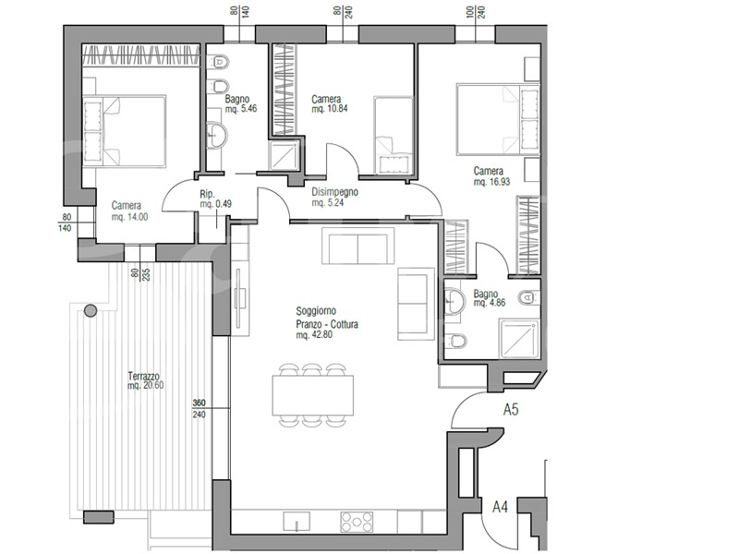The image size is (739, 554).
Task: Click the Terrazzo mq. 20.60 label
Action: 146,380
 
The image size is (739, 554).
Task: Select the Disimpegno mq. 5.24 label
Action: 334,198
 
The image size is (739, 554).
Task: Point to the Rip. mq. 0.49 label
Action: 215,199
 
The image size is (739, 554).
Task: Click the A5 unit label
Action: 511,409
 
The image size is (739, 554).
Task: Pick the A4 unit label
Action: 500,507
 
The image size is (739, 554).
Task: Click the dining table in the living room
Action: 313,395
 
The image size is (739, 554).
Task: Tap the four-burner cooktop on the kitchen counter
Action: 357,522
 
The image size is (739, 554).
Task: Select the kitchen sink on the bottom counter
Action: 297,522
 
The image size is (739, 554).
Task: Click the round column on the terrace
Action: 91,310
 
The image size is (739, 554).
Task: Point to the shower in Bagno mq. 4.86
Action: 519,338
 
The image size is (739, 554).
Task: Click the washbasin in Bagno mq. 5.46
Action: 217,134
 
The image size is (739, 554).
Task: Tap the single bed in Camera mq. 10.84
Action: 394,136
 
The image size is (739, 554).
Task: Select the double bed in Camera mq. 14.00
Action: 125,131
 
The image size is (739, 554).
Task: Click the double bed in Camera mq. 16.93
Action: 498,119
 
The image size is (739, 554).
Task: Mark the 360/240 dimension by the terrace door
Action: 199,409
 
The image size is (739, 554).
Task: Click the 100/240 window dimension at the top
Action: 476,12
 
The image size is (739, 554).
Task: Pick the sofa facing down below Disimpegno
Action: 358,246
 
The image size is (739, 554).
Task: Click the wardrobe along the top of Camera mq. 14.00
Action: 141,55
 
